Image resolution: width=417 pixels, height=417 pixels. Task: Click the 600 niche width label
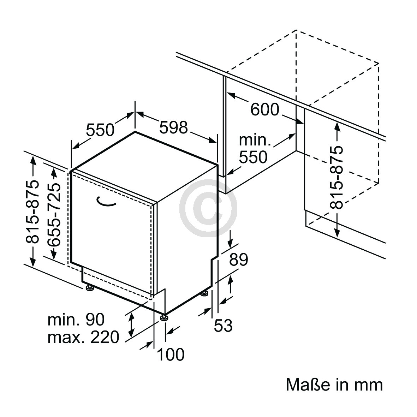(x=265, y=109)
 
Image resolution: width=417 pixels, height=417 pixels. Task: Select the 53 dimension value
(x=224, y=325)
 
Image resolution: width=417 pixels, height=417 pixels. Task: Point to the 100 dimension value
(x=171, y=354)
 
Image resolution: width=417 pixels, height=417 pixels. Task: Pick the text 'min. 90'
(x=76, y=320)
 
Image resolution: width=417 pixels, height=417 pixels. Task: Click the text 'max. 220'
(x=84, y=337)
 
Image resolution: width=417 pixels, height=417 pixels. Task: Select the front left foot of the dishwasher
(x=89, y=288)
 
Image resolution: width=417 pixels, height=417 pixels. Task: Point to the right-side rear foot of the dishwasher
(x=204, y=294)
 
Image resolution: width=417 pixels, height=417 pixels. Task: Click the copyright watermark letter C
(x=208, y=208)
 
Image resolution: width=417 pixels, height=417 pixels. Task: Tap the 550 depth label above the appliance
(x=100, y=130)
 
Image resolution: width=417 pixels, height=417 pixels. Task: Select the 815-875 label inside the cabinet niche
(x=336, y=177)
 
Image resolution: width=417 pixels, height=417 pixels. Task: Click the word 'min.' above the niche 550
(x=255, y=140)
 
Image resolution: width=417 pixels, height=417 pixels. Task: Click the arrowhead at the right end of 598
(x=213, y=141)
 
